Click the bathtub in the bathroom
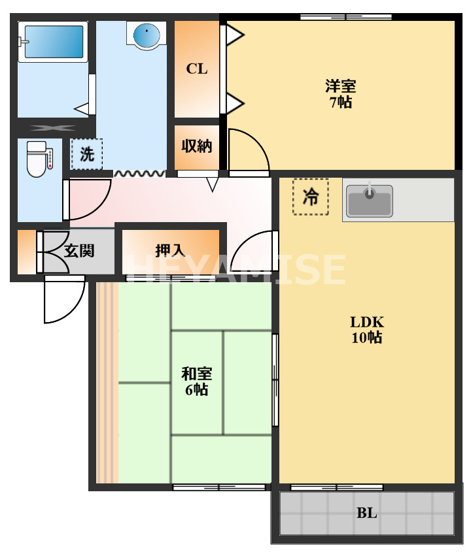(x=53, y=42)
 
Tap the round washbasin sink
(x=147, y=35)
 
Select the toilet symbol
(x=37, y=159)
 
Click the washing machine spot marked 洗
(x=87, y=155)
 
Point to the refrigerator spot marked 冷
(x=311, y=196)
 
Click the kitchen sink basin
(x=370, y=201)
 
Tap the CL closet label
(x=197, y=69)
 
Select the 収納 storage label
(x=197, y=146)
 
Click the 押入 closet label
(x=170, y=250)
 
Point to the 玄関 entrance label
(x=80, y=250)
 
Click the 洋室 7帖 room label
(x=340, y=93)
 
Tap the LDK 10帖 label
(x=366, y=329)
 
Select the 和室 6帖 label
(x=196, y=382)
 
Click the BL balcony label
(x=367, y=513)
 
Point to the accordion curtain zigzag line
(x=139, y=174)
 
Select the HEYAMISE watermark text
(x=235, y=269)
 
